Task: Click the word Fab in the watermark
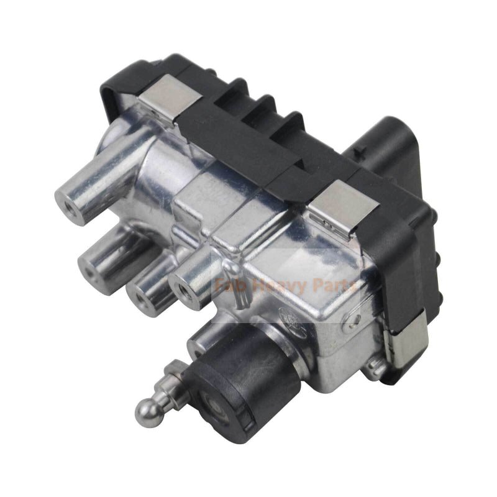coord(228,287)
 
